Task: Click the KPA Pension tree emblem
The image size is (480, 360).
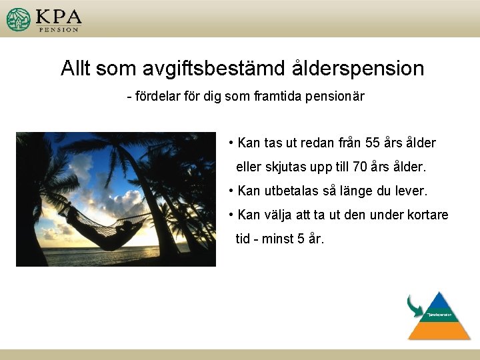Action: (x=19, y=19)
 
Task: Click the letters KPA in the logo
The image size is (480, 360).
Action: (x=59, y=16)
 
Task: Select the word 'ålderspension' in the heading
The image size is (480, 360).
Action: (x=357, y=68)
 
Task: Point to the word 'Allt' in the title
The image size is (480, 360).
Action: (x=79, y=68)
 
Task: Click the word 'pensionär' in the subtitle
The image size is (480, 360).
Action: (x=337, y=97)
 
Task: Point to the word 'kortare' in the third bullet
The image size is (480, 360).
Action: (x=427, y=215)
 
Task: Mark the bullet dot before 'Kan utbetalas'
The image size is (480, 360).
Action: (x=230, y=191)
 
